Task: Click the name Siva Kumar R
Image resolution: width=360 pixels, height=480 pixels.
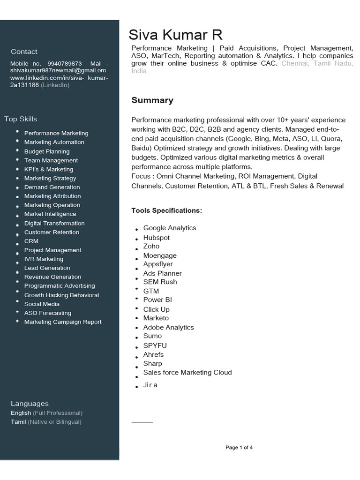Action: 176,35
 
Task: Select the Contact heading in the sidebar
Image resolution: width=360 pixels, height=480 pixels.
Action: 24,52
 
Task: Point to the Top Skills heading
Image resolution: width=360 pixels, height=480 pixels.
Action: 21,119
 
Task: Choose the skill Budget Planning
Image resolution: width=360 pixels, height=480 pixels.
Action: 47,151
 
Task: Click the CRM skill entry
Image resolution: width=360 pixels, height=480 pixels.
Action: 31,241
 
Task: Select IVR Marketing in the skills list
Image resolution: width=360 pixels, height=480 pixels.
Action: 44,259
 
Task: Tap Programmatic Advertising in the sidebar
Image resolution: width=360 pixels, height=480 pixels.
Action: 60,285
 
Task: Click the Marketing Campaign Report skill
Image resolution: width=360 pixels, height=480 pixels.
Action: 63,322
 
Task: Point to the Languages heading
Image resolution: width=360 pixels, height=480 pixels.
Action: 30,404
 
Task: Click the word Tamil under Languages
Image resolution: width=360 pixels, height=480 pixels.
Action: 18,422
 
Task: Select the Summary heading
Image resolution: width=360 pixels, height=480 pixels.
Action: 152,100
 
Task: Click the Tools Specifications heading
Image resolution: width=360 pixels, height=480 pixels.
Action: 166,210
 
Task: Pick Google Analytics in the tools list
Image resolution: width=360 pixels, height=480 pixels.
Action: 170,228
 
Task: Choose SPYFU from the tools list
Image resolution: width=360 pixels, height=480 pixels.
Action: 155,345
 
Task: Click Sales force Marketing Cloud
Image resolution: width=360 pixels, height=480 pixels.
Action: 187,372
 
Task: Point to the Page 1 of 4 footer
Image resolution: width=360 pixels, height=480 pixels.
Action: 239,448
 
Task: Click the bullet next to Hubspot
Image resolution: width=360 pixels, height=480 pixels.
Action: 136,240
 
